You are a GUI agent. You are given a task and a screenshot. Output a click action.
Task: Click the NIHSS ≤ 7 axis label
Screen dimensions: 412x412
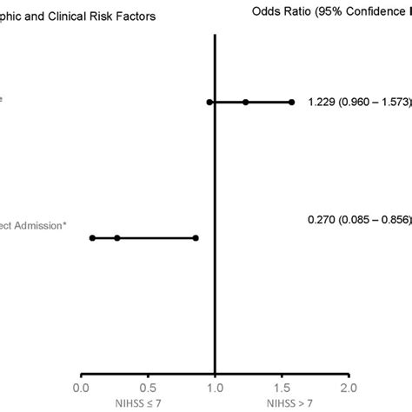pos(150,402)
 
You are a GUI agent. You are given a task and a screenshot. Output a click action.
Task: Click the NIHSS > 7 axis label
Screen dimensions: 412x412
pos(282,402)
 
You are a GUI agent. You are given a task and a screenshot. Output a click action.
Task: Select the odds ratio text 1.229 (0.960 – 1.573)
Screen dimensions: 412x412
pos(359,103)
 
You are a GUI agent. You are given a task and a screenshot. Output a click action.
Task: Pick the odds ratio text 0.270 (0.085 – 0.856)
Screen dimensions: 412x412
pos(359,222)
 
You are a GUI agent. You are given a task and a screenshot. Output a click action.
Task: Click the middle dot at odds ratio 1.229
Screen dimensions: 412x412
pos(246,103)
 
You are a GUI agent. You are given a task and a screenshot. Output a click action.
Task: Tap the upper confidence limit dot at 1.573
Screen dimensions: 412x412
pos(291,103)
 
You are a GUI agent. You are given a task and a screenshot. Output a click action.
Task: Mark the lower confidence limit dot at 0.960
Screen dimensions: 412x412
pos(209,103)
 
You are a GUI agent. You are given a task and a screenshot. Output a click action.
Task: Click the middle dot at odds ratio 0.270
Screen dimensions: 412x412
pos(117,237)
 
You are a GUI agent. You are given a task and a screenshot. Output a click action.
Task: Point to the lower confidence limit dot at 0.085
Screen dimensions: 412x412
pos(93,237)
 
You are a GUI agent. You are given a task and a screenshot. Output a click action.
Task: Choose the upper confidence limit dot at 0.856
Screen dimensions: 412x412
pos(196,237)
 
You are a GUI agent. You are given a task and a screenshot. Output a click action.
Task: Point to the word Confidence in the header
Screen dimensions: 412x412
pos(376,13)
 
